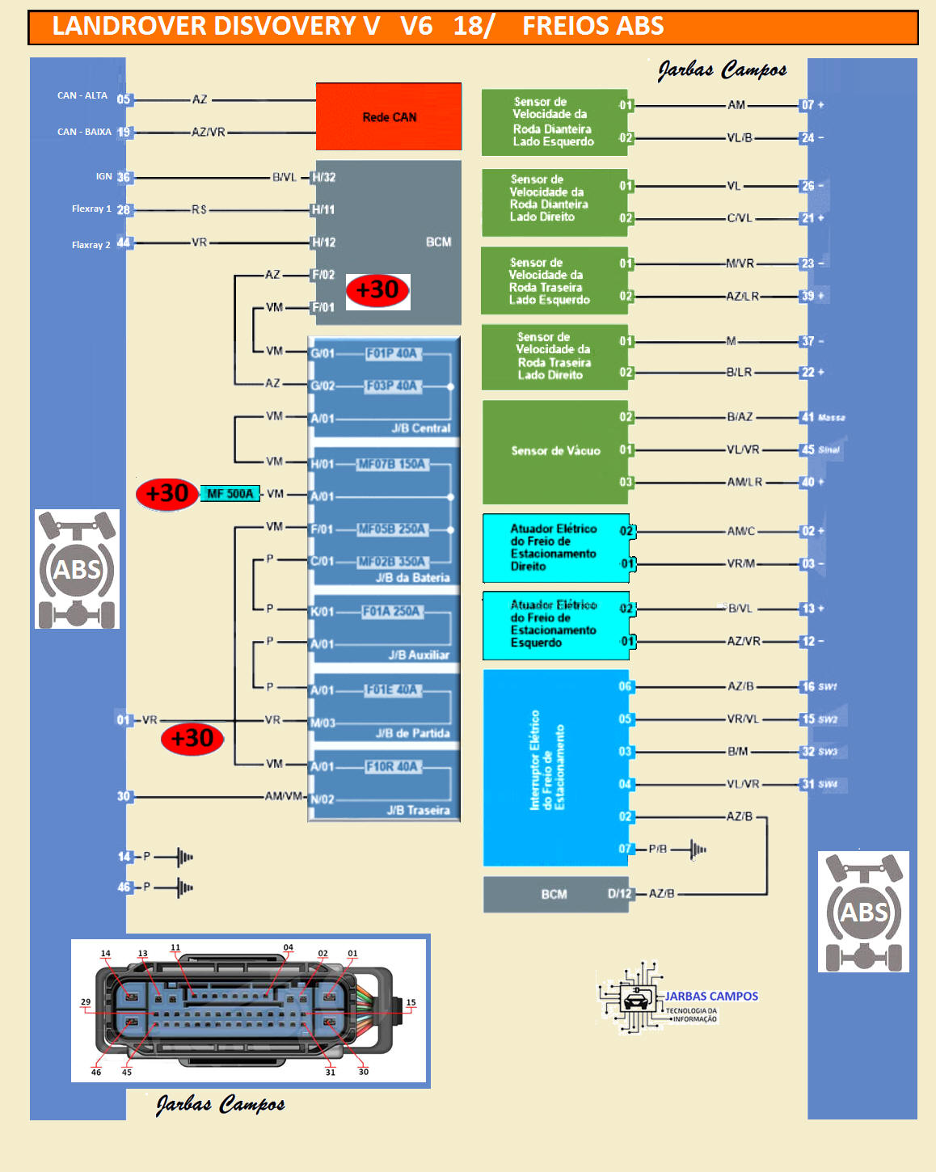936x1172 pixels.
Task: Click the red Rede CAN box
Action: (x=389, y=117)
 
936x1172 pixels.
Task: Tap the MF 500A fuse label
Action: (x=230, y=494)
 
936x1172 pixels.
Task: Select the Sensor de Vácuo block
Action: (x=555, y=451)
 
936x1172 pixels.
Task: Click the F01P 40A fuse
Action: (x=391, y=354)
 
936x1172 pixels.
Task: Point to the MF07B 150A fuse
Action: (x=392, y=465)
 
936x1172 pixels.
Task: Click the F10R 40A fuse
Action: (x=391, y=766)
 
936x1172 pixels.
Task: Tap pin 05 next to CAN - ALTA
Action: (x=124, y=99)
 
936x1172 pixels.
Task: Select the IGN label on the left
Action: (x=104, y=176)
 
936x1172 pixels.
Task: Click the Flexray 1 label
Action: (x=91, y=209)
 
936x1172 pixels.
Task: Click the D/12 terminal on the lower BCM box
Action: (x=619, y=894)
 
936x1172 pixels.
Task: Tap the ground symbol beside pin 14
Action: (x=184, y=857)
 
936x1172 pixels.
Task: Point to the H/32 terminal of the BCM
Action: (x=323, y=177)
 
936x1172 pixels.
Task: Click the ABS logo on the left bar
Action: (x=77, y=569)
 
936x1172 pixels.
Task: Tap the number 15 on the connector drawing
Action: (x=411, y=1002)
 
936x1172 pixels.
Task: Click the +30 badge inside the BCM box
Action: (x=377, y=290)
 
